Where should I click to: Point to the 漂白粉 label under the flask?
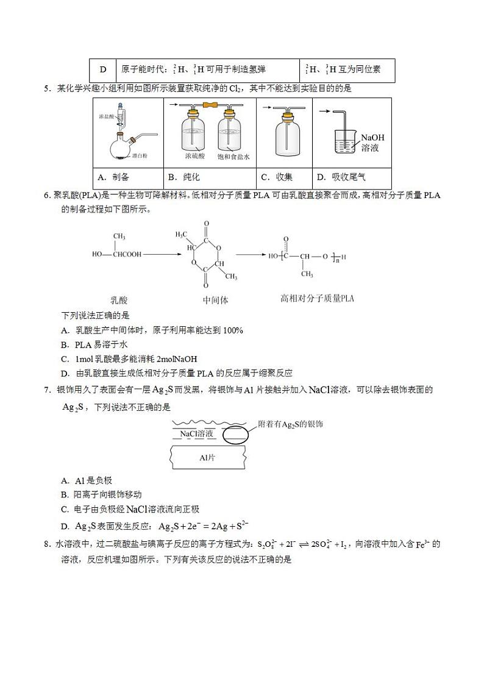[x=139, y=157]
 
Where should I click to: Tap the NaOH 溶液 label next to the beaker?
[x=372, y=143]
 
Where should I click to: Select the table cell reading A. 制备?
[x=113, y=177]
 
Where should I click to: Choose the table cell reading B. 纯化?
[x=183, y=177]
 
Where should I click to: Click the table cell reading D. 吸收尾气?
[x=341, y=177]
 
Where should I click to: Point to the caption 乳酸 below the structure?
[x=119, y=300]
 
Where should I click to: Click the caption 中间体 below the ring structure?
[x=215, y=301]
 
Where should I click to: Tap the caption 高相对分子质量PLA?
[x=316, y=299]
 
